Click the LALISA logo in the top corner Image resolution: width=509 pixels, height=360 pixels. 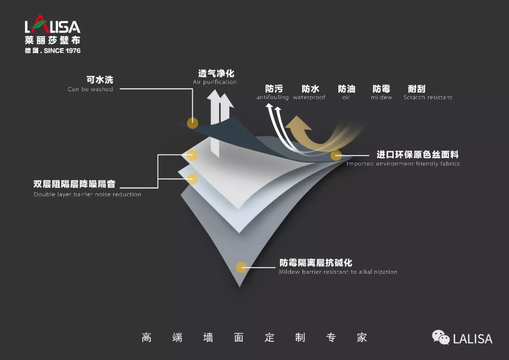[52, 26]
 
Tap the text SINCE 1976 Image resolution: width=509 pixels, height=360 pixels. [62, 50]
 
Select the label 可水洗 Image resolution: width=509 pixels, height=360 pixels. [99, 80]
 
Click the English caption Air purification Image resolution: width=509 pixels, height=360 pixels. [215, 82]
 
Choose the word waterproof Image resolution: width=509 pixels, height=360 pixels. [309, 98]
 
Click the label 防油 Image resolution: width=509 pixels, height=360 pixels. [346, 89]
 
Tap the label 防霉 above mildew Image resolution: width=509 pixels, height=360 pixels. [381, 89]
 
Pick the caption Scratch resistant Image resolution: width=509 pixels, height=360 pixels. [427, 98]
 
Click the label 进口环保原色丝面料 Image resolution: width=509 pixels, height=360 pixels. [418, 155]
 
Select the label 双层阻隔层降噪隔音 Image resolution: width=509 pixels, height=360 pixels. [74, 184]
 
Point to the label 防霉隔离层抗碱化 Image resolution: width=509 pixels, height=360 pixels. [316, 262]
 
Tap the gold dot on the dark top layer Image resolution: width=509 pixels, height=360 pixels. [192, 123]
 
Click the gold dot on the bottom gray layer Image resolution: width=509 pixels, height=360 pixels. [241, 267]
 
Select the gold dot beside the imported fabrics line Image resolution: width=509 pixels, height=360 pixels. [336, 155]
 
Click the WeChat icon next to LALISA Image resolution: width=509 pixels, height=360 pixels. [441, 337]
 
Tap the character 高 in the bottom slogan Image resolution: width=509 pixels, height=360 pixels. [147, 337]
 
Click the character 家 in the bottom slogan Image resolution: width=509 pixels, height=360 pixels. [361, 337]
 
